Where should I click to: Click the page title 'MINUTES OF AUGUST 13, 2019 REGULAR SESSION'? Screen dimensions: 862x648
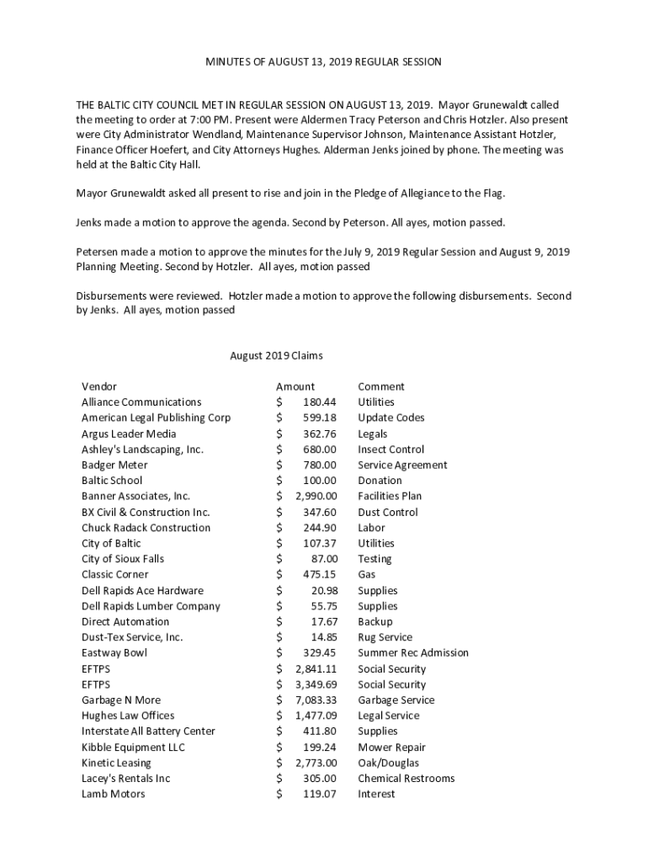(x=324, y=62)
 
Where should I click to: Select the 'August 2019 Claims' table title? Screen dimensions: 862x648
(x=276, y=355)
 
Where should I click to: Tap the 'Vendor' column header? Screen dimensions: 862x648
(x=99, y=386)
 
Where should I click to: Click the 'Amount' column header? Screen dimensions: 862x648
(x=295, y=386)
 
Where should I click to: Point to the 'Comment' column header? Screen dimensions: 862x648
(x=381, y=386)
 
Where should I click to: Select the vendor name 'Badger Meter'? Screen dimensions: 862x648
(x=114, y=465)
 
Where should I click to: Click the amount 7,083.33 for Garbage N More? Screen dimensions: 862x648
(x=316, y=700)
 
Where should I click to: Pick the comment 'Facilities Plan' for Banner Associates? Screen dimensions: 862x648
(x=390, y=496)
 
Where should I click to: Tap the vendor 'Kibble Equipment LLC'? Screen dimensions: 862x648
(x=133, y=747)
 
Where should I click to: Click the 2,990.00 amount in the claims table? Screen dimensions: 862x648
(x=316, y=496)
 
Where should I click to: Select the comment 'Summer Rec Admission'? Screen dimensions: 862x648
(x=413, y=652)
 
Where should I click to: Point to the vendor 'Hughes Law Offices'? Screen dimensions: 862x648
(x=128, y=716)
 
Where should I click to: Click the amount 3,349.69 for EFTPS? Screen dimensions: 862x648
(x=316, y=684)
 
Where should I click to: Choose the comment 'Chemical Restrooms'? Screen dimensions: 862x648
(x=406, y=778)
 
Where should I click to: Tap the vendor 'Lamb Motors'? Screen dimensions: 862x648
(x=113, y=794)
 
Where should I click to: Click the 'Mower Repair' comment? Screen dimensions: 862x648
(x=391, y=747)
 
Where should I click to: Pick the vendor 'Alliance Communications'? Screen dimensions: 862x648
(x=141, y=402)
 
